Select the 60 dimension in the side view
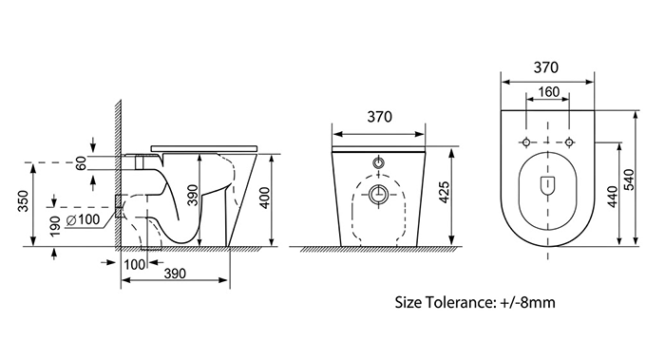pyautogui.click(x=82, y=162)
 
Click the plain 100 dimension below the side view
pyautogui.click(x=134, y=262)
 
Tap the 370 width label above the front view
pyautogui.click(x=378, y=117)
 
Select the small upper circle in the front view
pyautogui.click(x=377, y=163)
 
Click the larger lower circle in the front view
pyautogui.click(x=377, y=198)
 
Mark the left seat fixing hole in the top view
pyautogui.click(x=523, y=142)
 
